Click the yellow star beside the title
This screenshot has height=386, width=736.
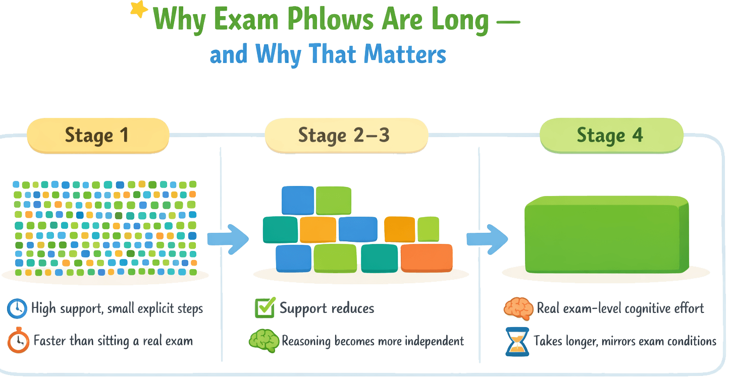139,10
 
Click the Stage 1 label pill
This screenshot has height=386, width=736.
97,136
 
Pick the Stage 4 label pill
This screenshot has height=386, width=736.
610,136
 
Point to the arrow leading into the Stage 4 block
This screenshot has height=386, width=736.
487,239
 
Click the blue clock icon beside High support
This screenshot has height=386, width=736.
17,308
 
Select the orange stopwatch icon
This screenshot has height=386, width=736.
18,341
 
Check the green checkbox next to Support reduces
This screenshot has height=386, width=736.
264,308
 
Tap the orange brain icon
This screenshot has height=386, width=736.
518,308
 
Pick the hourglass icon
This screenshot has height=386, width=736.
517,341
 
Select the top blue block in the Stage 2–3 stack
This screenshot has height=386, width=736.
297,200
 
